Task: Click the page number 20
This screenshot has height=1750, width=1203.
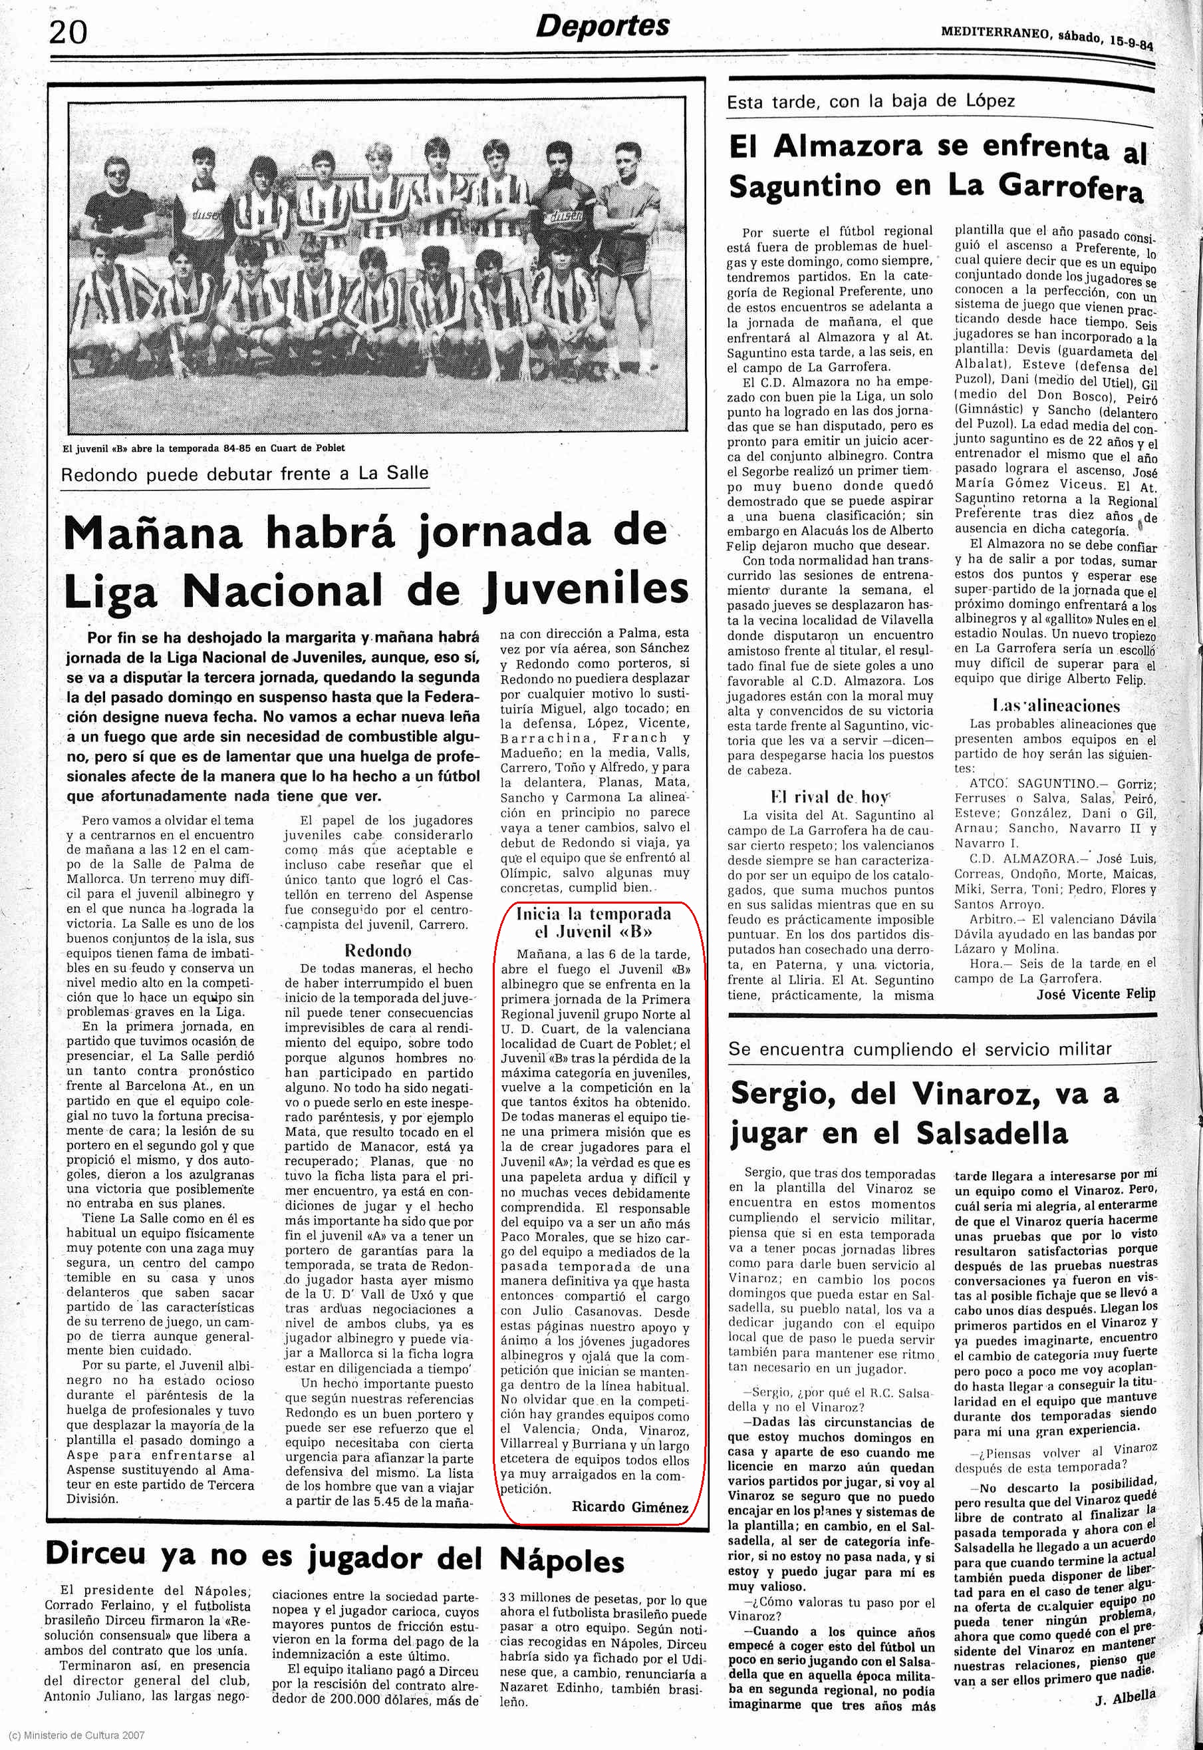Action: (x=68, y=33)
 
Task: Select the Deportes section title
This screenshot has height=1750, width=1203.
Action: (x=602, y=27)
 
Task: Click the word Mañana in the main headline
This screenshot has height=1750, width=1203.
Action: (x=155, y=532)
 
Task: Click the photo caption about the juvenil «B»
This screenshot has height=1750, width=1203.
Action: (x=203, y=448)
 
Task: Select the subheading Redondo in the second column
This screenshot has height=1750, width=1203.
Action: (x=378, y=950)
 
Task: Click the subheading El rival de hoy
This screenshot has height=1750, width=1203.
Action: (x=830, y=797)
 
